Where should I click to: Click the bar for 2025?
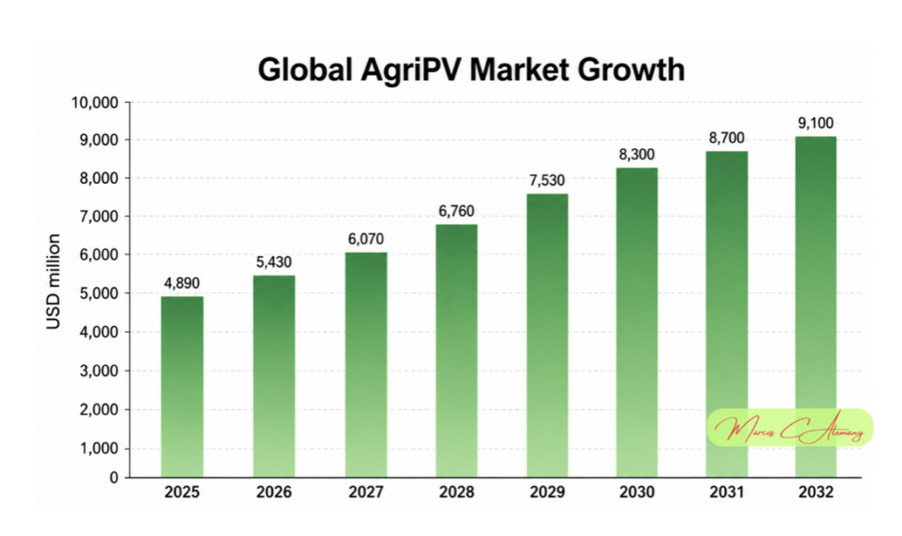pos(181,386)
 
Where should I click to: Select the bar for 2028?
pos(457,350)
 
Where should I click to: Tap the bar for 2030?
pos(637,322)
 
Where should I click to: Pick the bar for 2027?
pos(366,364)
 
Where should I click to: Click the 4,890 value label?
pos(181,283)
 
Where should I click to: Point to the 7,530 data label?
pos(547,180)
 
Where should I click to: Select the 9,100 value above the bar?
pos(816,123)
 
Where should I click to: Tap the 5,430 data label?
pos(274,262)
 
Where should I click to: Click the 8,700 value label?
pos(727,138)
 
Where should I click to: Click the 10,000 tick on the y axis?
pos(95,103)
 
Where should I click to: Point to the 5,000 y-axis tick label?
pos(99,293)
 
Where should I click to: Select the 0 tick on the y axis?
pos(114,477)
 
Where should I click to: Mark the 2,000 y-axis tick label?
pos(99,409)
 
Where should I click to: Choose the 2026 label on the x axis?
pos(274,492)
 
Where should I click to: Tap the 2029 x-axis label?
pos(547,492)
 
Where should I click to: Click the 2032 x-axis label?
pos(816,492)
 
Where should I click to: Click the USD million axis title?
pos(54,282)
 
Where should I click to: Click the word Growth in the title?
pos(631,70)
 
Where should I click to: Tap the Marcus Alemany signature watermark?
pos(790,429)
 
